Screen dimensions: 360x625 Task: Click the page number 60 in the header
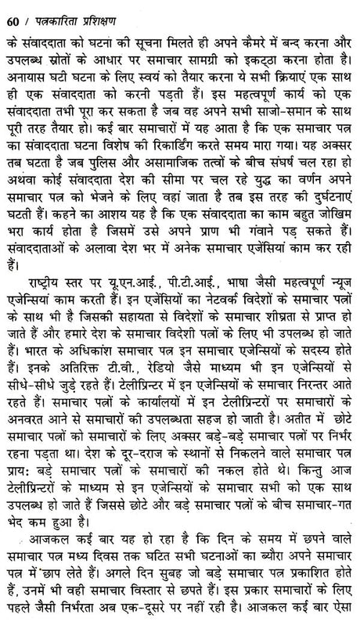click(13, 11)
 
